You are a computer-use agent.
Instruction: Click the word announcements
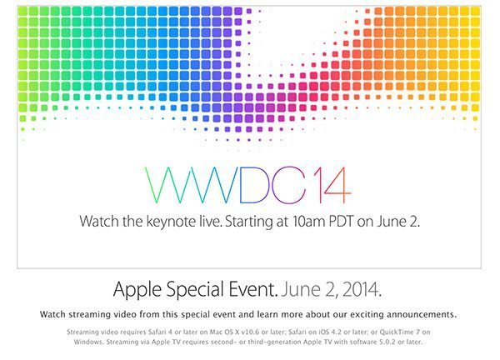(x=416, y=314)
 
